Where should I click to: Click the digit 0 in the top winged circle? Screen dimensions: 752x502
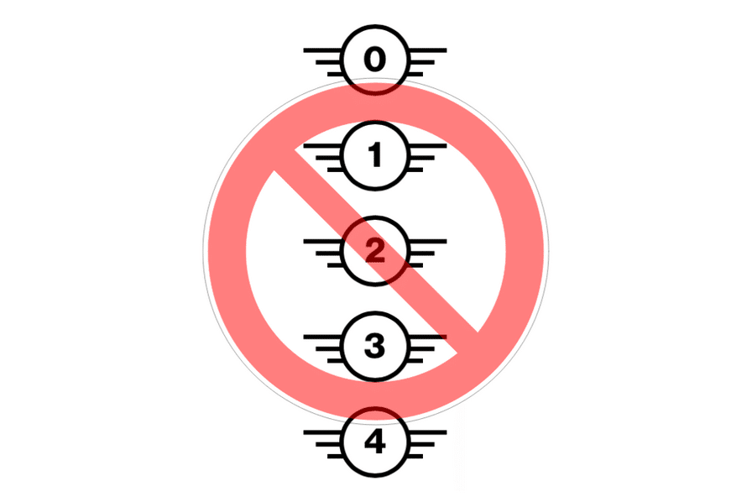pos(374,60)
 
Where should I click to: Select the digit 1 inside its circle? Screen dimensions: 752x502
pos(375,155)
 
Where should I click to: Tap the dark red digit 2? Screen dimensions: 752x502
pos(375,250)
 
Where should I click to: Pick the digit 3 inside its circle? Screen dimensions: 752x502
pos(374,346)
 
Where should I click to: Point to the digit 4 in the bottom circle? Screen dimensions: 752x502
pos(375,442)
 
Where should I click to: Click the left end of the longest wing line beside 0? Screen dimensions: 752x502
pos(304,50)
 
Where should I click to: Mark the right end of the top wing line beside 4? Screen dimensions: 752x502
pos(447,432)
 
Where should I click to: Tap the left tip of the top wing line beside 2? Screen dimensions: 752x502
pos(304,241)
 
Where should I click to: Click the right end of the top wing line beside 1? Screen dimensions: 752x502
pos(447,145)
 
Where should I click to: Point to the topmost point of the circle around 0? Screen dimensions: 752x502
pos(375,25)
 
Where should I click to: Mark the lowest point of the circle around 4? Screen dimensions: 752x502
pos(375,477)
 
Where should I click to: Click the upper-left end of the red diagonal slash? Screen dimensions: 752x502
pos(284,160)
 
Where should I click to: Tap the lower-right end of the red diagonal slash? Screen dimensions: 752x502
pos(467,343)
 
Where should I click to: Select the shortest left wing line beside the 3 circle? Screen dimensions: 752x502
pos(337,361)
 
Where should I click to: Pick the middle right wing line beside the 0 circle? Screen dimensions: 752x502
pos(421,62)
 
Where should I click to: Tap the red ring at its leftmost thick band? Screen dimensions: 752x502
pos(227,250)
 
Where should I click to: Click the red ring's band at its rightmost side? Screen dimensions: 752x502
pos(525,250)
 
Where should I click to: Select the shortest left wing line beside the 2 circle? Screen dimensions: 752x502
pos(337,265)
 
